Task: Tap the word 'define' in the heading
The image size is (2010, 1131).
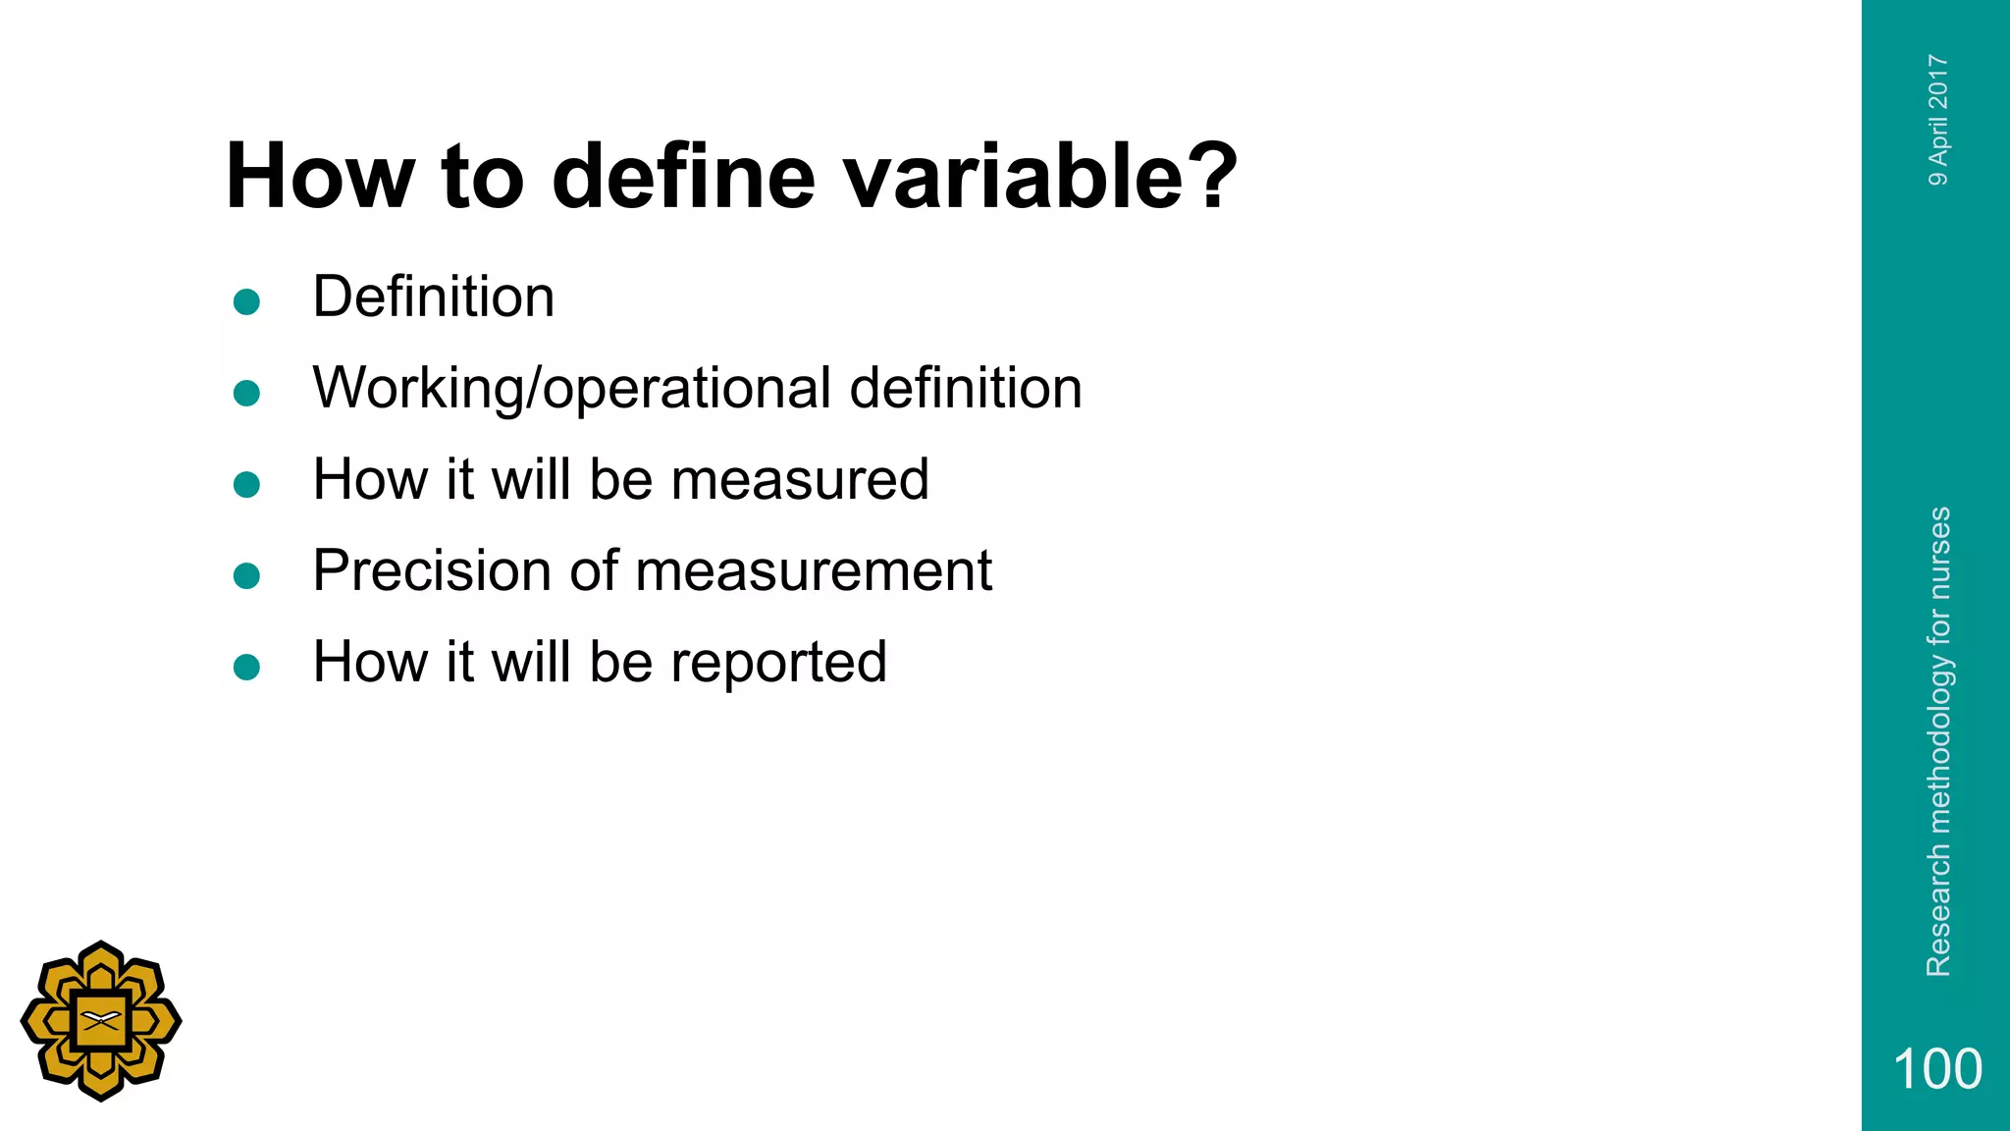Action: click(683, 177)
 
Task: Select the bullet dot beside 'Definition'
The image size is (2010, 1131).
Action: click(246, 301)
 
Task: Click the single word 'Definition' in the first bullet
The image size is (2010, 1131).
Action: click(433, 296)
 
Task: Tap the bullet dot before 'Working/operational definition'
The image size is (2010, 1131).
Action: click(246, 394)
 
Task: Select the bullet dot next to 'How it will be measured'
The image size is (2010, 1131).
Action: click(246, 485)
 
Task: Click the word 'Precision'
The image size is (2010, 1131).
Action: click(432, 570)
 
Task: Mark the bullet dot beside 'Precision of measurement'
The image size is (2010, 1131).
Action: click(246, 576)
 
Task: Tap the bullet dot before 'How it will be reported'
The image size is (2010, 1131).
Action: click(246, 668)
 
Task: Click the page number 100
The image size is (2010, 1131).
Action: click(1936, 1069)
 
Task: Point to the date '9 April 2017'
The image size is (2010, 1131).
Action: click(1938, 120)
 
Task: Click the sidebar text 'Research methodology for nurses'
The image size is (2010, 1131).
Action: click(1938, 741)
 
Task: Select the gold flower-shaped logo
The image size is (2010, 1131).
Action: click(100, 1021)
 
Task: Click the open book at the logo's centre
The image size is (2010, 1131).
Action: click(100, 1020)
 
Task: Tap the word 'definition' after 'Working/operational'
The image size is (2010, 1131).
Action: click(966, 388)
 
